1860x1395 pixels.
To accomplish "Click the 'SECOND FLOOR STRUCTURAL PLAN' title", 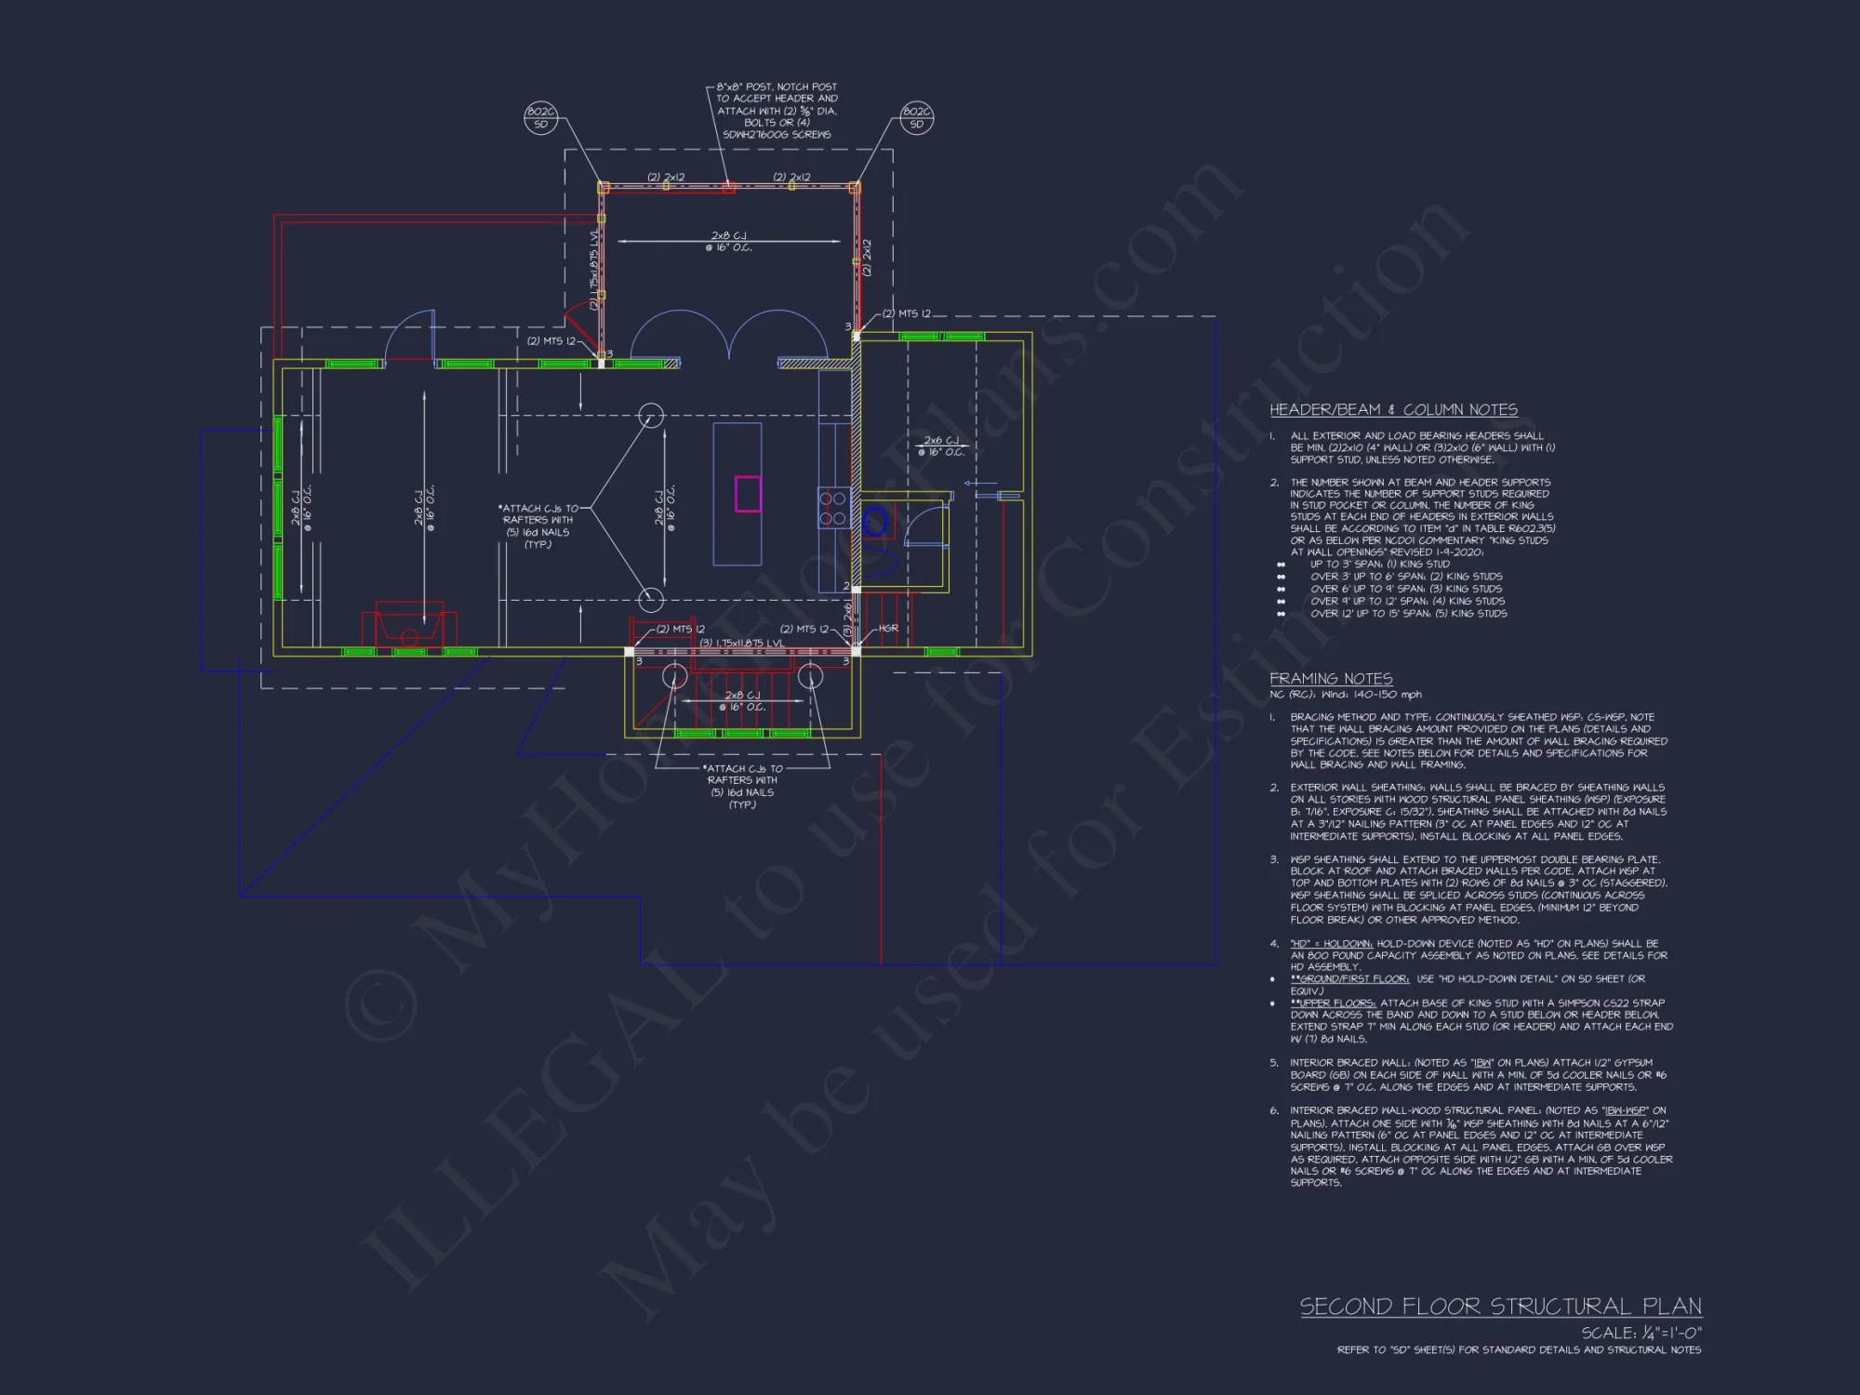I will pyautogui.click(x=1500, y=1307).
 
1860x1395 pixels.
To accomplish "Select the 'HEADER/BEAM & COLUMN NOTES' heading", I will pyautogui.click(x=1393, y=410).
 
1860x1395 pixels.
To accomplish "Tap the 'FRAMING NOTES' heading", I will pyautogui.click(x=1331, y=679).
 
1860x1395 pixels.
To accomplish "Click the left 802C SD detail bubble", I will pyautogui.click(x=540, y=118).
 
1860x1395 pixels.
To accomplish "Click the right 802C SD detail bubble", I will pyautogui.click(x=916, y=118).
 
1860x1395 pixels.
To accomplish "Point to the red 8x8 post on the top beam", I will pyautogui.click(x=728, y=187).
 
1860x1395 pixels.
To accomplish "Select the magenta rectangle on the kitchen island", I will pyautogui.click(x=748, y=494).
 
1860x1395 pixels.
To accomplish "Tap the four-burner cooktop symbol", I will pyautogui.click(x=832, y=508).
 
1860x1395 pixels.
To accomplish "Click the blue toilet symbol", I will pyautogui.click(x=875, y=523).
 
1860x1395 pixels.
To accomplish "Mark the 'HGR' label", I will pyautogui.click(x=888, y=629).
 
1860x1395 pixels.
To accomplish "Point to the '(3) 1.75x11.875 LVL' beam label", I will pyautogui.click(x=741, y=643).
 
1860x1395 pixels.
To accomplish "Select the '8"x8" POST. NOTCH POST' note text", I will pyautogui.click(x=777, y=86).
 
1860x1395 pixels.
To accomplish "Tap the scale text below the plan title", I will pyautogui.click(x=1641, y=1334).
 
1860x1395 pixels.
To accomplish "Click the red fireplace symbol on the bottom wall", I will pyautogui.click(x=409, y=625).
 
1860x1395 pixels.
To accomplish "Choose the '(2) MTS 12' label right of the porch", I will pyautogui.click(x=906, y=314).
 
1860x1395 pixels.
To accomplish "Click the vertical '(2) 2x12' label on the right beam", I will pyautogui.click(x=867, y=258).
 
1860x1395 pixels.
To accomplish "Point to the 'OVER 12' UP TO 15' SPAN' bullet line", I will pyautogui.click(x=1408, y=614).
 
